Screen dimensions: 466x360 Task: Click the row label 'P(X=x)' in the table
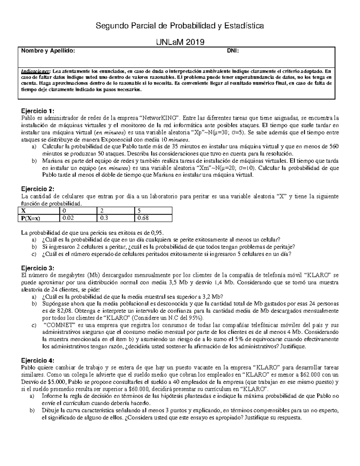click(x=31, y=218)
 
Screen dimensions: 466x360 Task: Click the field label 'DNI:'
click(x=233, y=51)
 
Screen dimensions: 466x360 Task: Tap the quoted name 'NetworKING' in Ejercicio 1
click(x=160, y=118)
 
